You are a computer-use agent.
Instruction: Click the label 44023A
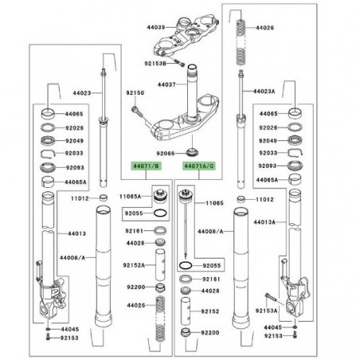[264, 90]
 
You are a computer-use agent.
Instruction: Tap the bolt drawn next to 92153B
[180, 63]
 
